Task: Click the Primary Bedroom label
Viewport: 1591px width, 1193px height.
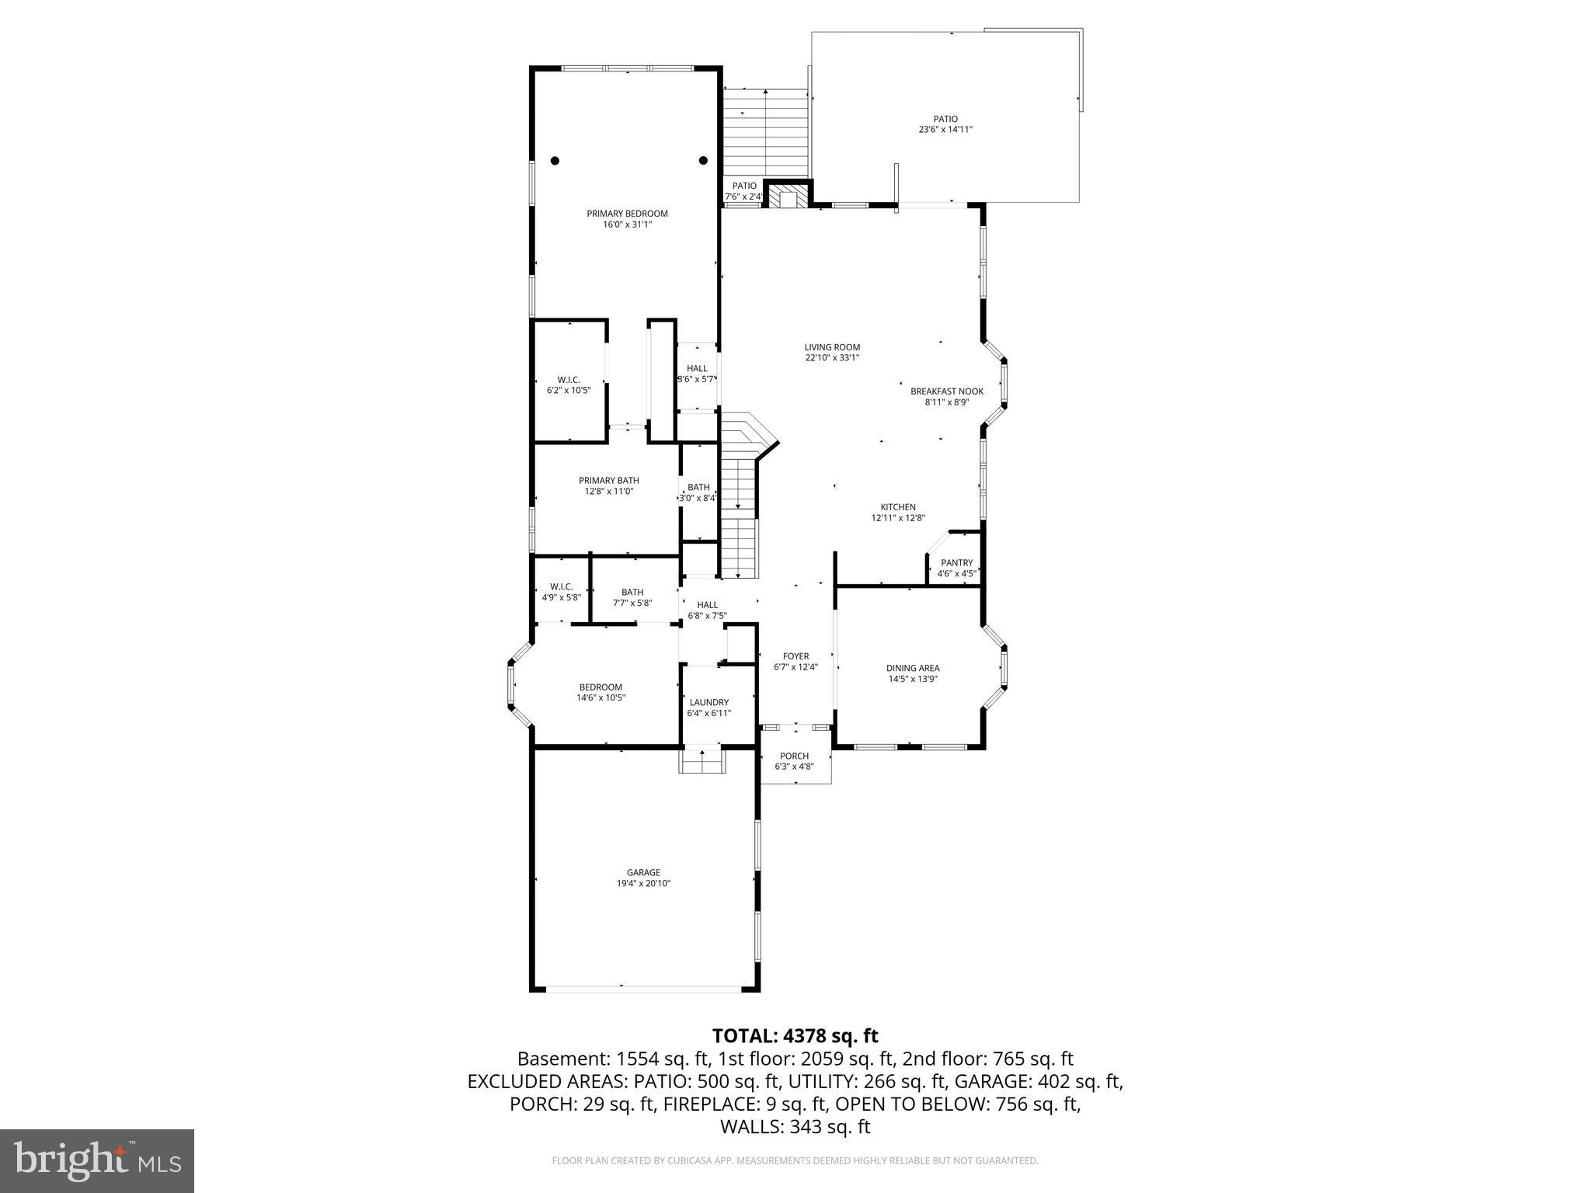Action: coord(627,214)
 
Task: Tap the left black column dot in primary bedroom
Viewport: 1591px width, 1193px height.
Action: coord(555,161)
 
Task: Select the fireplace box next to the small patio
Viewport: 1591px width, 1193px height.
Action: coord(789,196)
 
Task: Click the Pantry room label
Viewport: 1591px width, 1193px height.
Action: coord(956,563)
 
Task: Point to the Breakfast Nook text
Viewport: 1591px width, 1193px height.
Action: coord(946,391)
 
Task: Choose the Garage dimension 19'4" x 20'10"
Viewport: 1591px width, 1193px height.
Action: coord(643,883)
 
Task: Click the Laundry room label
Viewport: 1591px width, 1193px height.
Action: coord(708,702)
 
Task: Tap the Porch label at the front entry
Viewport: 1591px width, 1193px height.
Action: coord(794,756)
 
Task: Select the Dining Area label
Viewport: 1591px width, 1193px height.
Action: coord(913,668)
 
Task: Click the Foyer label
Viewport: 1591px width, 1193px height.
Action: coord(795,656)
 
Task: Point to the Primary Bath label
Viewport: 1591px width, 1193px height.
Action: coord(608,481)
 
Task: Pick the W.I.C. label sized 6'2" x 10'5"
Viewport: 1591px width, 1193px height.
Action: coord(569,380)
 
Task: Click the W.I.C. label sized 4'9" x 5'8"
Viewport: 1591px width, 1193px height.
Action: coord(561,586)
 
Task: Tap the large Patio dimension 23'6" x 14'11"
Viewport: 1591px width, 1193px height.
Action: coord(945,130)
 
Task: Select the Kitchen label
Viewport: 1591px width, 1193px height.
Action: coord(897,507)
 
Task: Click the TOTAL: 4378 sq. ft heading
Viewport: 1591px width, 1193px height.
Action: coord(795,1035)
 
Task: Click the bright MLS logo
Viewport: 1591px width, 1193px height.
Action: coord(97,1160)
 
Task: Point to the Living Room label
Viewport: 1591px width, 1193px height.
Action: coord(832,347)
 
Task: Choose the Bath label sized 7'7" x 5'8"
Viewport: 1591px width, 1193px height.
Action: coord(632,592)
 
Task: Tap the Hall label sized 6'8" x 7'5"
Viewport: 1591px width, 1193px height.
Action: coord(707,604)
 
